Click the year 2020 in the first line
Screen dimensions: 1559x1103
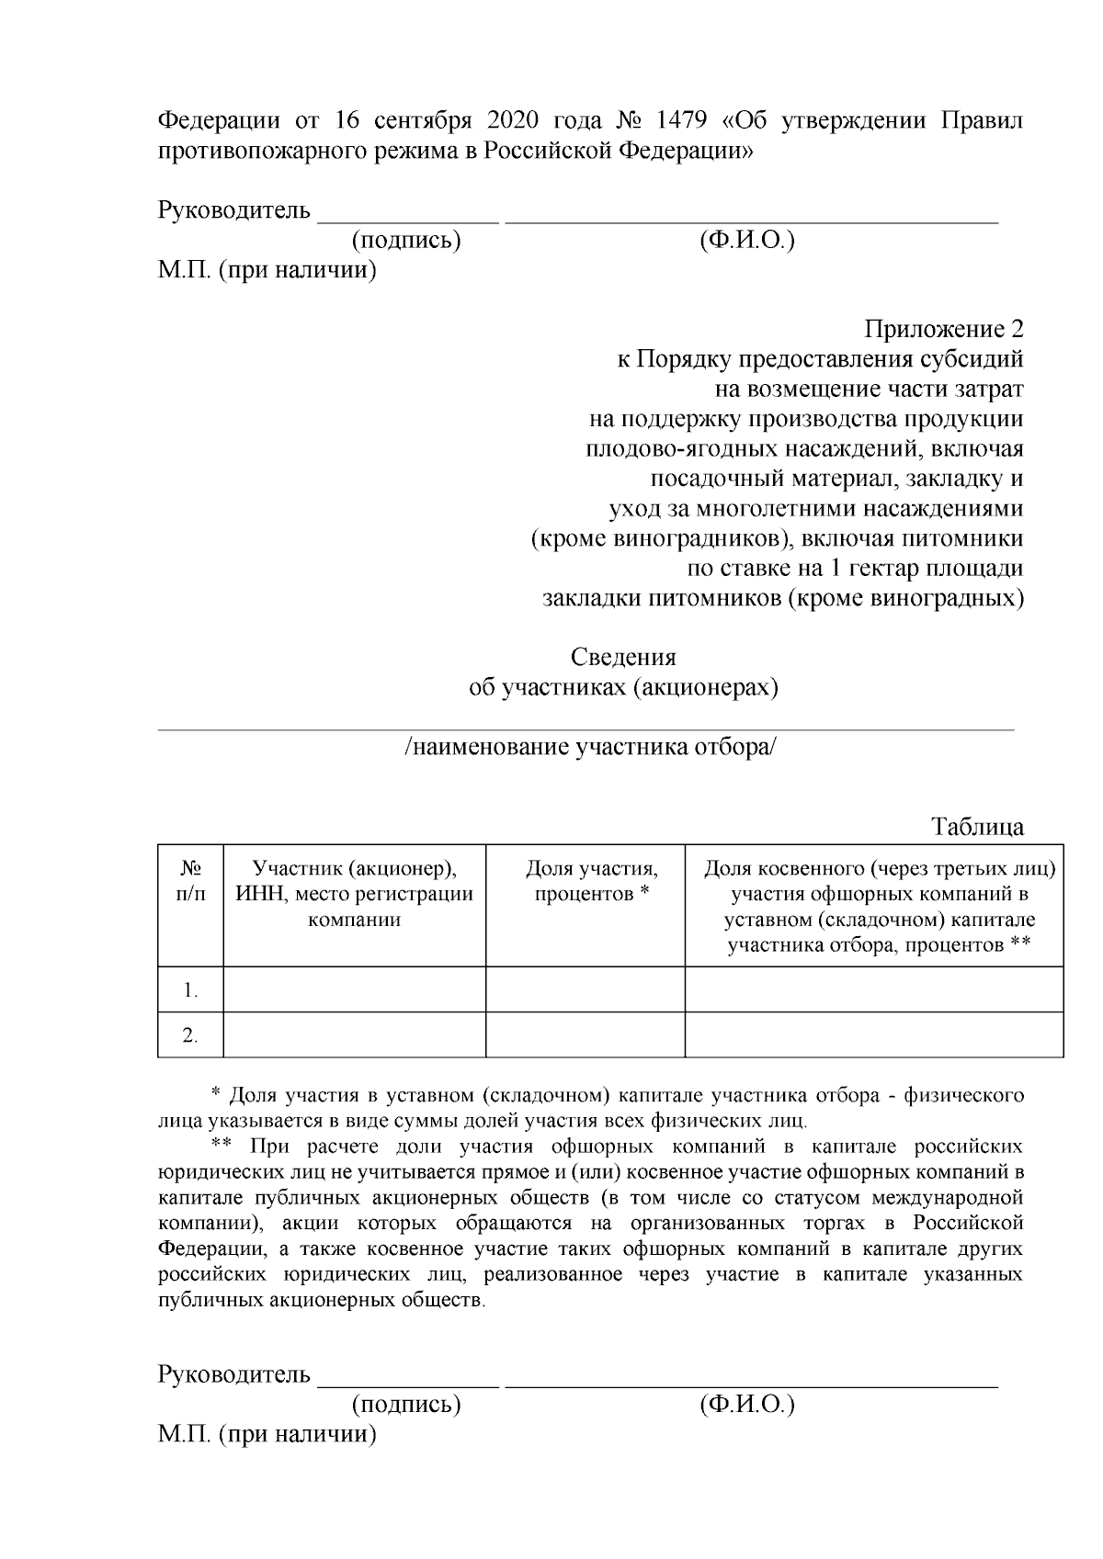(x=512, y=121)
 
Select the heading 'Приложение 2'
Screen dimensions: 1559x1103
(x=943, y=329)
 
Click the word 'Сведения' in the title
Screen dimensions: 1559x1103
(x=623, y=658)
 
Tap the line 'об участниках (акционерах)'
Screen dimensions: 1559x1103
(x=623, y=688)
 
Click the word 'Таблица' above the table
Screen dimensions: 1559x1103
(x=978, y=826)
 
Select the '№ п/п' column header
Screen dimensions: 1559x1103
(x=190, y=880)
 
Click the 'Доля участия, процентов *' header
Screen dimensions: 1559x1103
(x=592, y=880)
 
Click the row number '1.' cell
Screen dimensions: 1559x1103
(x=190, y=990)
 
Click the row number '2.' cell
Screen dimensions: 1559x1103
(x=190, y=1035)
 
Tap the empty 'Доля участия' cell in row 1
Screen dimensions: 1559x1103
(x=585, y=989)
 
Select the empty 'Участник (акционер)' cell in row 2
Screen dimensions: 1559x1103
(x=355, y=1035)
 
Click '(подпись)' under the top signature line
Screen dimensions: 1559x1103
(x=405, y=241)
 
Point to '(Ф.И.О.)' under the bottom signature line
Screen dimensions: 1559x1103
(x=746, y=1405)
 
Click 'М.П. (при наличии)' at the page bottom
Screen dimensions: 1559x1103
(x=267, y=1434)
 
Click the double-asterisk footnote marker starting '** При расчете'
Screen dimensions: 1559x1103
(x=221, y=1147)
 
